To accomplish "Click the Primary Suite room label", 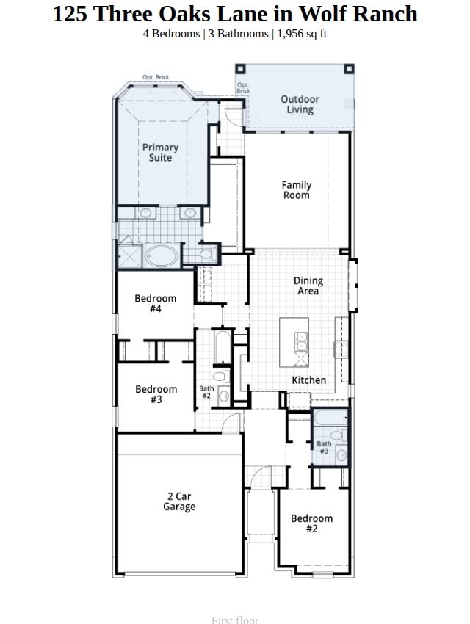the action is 160,153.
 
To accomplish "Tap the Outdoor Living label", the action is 300,104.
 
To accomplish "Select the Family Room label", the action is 297,190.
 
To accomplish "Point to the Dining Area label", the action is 308,286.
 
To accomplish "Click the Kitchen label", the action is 309,380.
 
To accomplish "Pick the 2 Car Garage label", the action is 179,501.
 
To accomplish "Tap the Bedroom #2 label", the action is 311,523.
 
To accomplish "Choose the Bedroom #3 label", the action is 156,394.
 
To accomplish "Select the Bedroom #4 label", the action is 155,303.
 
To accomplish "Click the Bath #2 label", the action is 206,392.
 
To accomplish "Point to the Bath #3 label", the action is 324,447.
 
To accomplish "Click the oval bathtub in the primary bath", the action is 161,256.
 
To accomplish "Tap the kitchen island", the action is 294,342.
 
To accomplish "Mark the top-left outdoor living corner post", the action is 240,69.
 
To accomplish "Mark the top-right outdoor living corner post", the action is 349,69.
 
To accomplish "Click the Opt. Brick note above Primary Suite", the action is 156,77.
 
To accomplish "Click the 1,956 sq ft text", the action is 302,34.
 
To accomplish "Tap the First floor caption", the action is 235,620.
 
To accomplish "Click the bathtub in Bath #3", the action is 330,418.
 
